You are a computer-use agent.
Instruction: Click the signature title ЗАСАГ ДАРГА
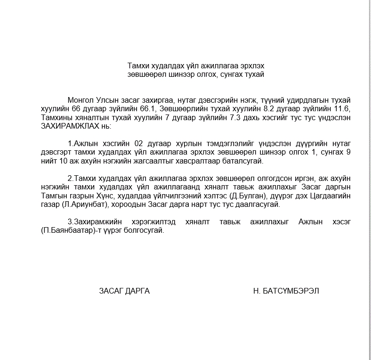click(124, 291)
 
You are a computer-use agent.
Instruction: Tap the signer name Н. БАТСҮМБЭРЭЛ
click(286, 291)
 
